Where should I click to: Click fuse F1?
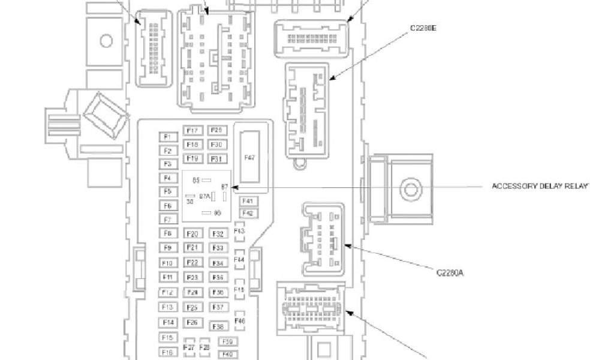(x=168, y=137)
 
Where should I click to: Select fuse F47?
(x=250, y=157)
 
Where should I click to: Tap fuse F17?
(x=192, y=131)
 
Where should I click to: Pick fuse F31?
(x=217, y=159)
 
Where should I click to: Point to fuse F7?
(x=168, y=220)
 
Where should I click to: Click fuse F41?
(x=248, y=201)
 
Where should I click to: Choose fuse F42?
(x=248, y=213)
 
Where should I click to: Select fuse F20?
(x=192, y=234)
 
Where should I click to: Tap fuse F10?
(x=168, y=263)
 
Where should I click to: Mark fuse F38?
(x=218, y=326)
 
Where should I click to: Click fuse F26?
(x=192, y=323)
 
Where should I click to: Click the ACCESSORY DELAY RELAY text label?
(x=540, y=186)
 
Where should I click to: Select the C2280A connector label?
(x=450, y=273)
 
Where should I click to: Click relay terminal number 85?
(x=196, y=179)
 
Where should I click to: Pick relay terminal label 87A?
(x=204, y=196)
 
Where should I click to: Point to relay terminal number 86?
(x=218, y=212)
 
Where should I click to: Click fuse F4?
(x=168, y=178)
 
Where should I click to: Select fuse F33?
(x=218, y=248)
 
